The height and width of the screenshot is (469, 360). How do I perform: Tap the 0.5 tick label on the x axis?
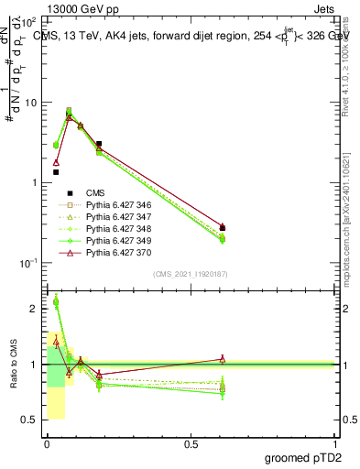point(191,444)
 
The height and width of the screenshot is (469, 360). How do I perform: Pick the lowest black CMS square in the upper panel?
point(56,172)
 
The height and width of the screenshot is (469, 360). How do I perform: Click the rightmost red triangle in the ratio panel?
point(223,358)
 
